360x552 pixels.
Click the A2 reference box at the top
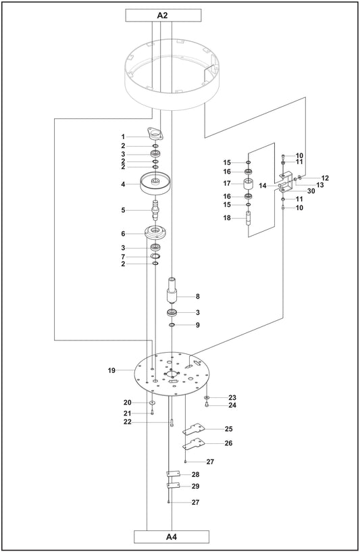162,14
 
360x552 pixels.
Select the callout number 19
111,370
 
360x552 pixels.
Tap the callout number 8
197,296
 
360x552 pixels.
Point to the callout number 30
311,191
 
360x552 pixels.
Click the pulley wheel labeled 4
156,182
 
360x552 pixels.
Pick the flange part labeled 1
155,135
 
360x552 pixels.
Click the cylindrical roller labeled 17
248,184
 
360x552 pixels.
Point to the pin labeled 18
248,219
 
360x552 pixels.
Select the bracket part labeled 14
286,184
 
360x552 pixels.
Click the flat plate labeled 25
199,429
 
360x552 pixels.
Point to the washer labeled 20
153,403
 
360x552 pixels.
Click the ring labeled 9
173,326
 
